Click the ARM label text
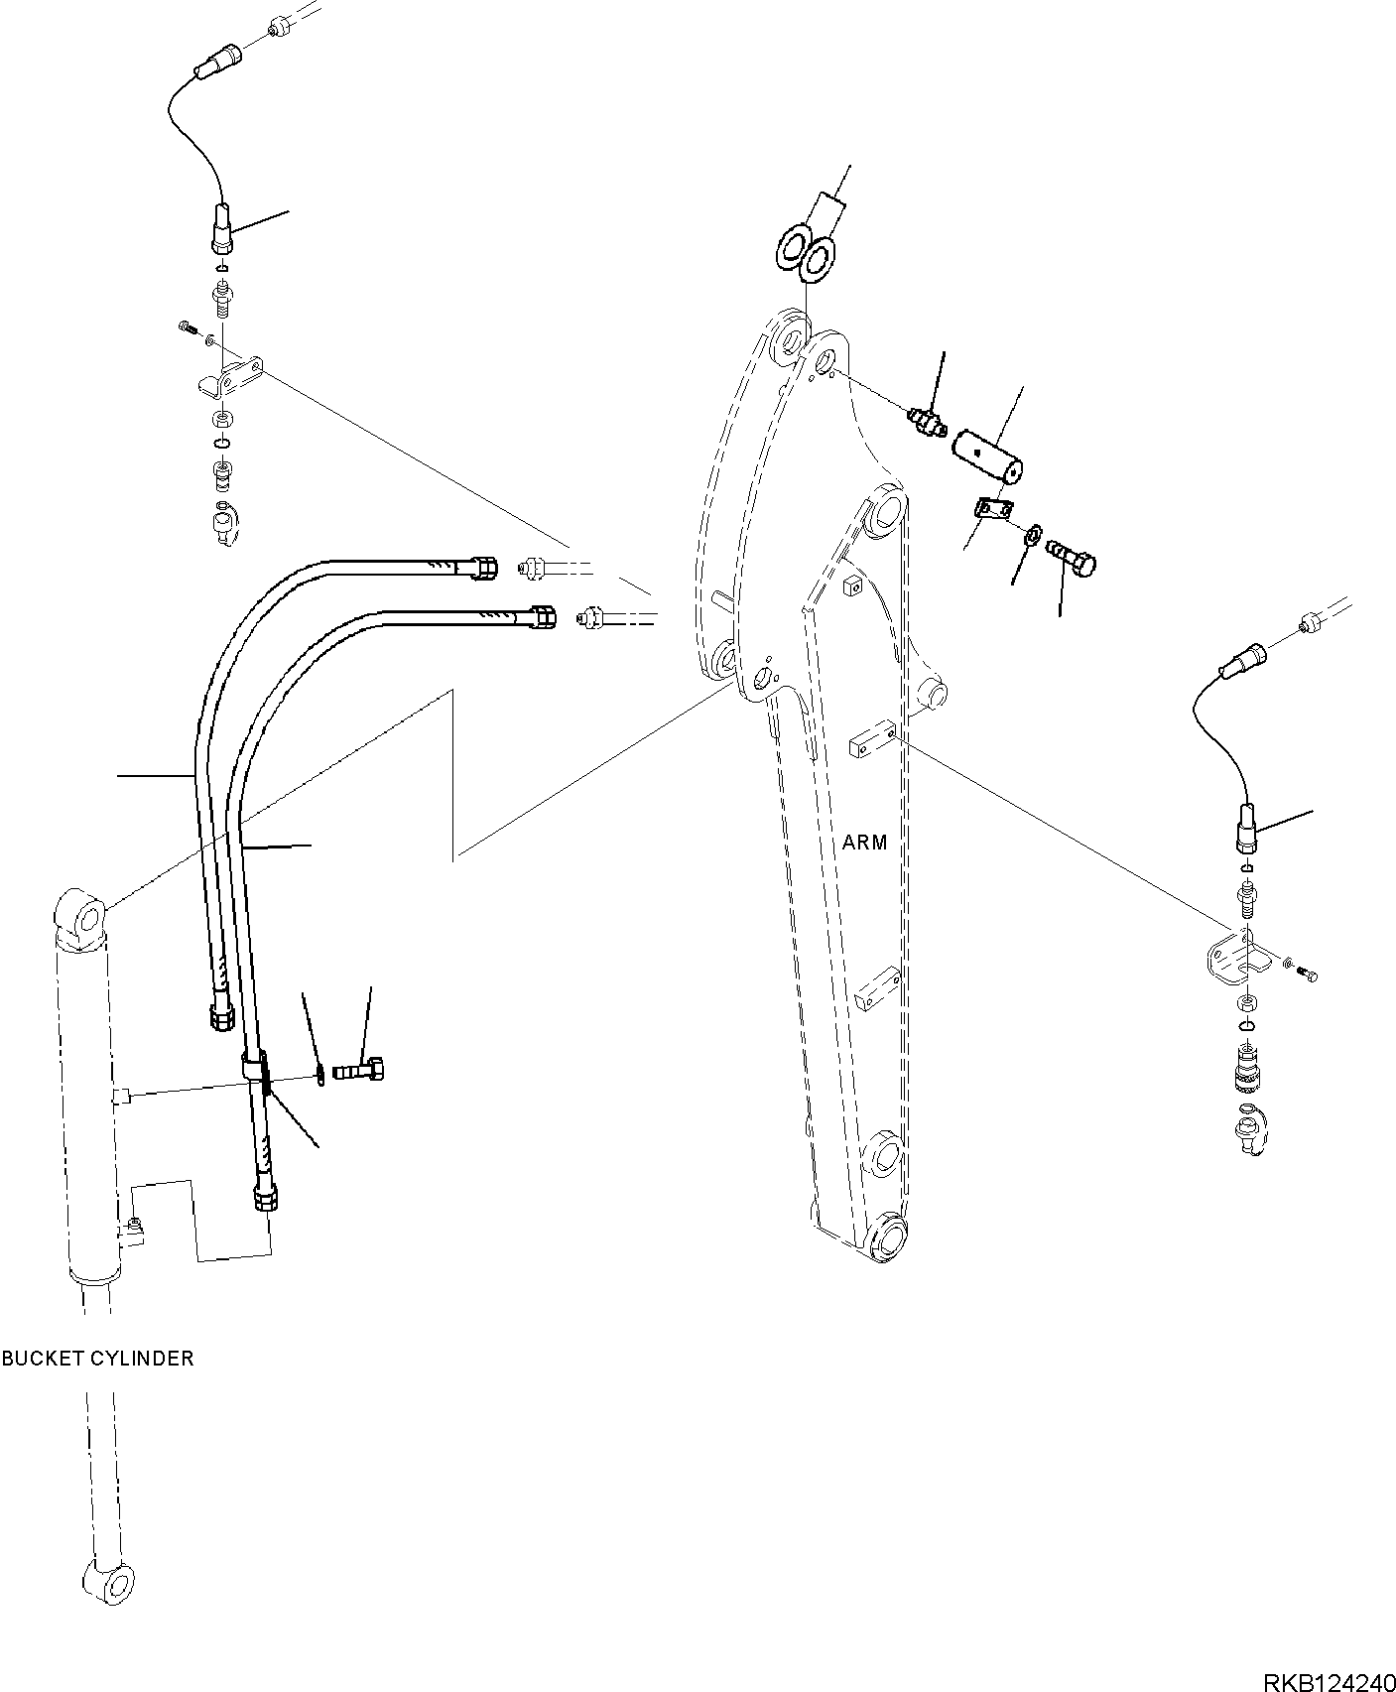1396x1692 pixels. point(864,843)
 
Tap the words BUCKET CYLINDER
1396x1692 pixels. point(97,1359)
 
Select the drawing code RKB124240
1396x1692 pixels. point(1327,1675)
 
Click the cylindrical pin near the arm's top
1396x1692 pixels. point(989,455)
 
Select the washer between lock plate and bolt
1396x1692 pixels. point(1032,537)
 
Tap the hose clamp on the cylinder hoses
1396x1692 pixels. point(256,1071)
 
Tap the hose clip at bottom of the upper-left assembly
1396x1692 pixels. point(225,523)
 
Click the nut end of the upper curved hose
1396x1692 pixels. point(484,569)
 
